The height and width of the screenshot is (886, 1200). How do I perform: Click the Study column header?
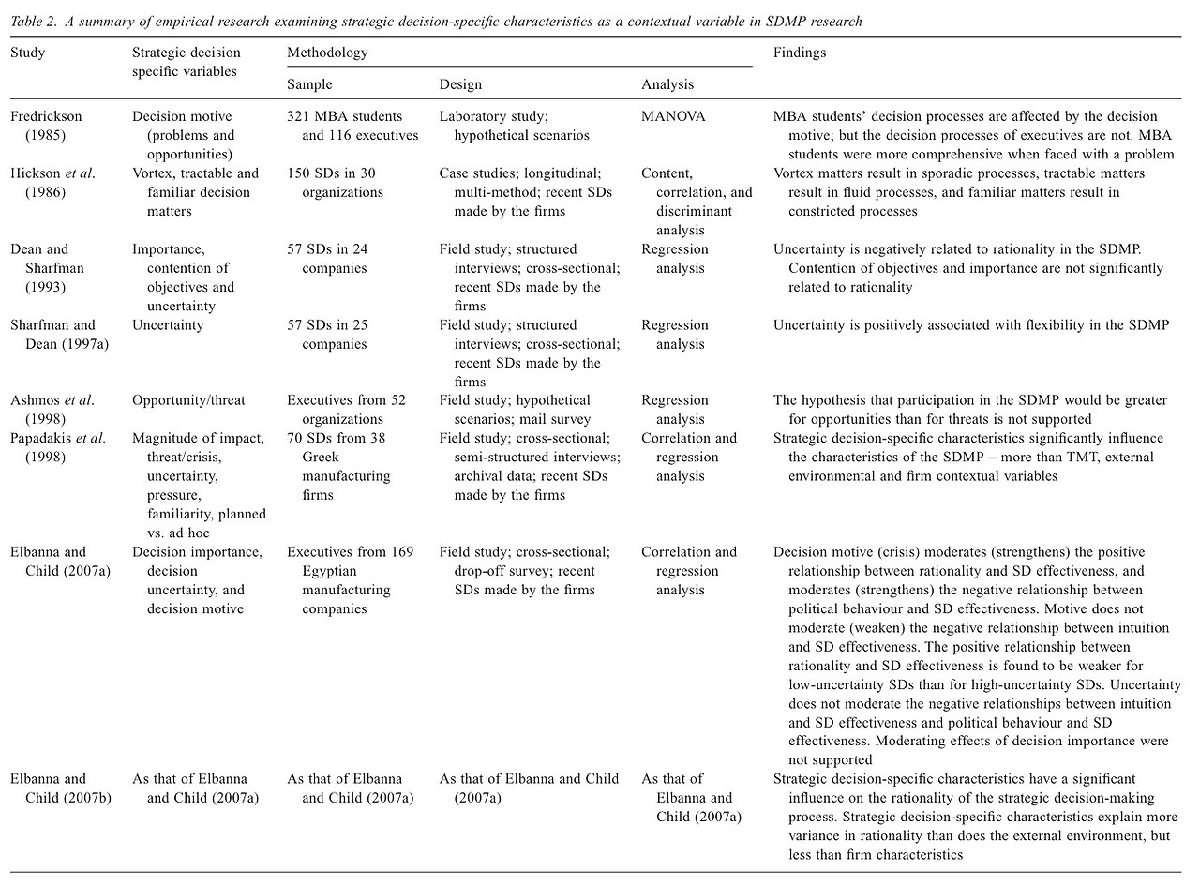pos(27,53)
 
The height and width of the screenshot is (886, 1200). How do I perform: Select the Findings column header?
pos(799,53)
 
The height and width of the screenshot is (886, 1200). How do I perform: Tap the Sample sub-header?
pos(309,84)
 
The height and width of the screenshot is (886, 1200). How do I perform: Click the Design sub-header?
pos(460,84)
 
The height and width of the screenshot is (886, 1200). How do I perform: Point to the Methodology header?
pos(327,53)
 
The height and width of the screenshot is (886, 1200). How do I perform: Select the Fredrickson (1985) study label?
pos(47,126)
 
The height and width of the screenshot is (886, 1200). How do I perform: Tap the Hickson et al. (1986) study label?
pos(52,183)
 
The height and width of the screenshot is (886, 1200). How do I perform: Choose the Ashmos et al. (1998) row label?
pos(52,410)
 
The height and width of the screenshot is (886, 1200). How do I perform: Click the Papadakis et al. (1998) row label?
pos(58,447)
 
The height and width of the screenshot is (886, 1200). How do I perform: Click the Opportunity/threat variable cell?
pos(188,400)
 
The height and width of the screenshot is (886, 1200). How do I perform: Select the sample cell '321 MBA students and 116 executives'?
pos(345,126)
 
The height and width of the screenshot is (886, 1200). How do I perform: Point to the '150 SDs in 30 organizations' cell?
pos(336,183)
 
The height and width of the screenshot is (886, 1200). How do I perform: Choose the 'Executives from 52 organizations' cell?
pos(346,410)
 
